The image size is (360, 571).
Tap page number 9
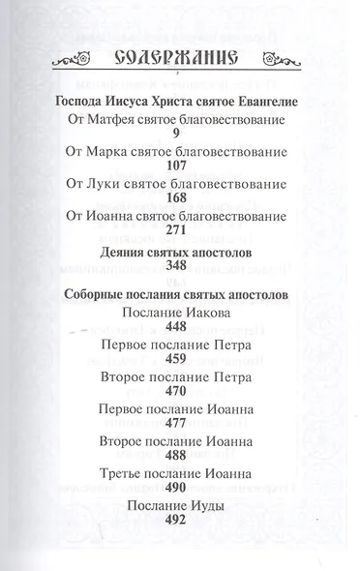tap(175, 135)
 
